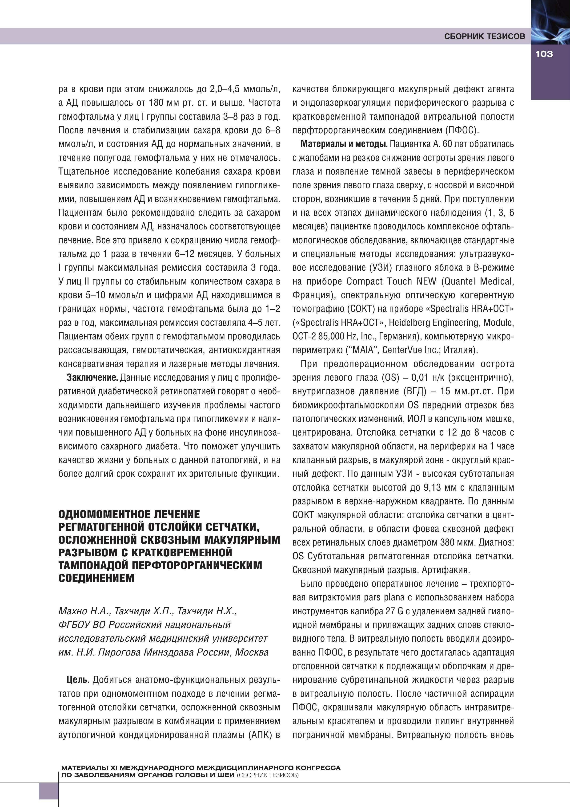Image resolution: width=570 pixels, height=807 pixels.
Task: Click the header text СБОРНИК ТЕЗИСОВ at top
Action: click(x=484, y=36)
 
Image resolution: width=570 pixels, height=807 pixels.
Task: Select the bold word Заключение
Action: click(x=92, y=378)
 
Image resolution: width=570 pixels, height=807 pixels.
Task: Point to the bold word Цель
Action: click(x=78, y=680)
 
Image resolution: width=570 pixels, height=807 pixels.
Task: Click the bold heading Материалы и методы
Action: click(x=344, y=144)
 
